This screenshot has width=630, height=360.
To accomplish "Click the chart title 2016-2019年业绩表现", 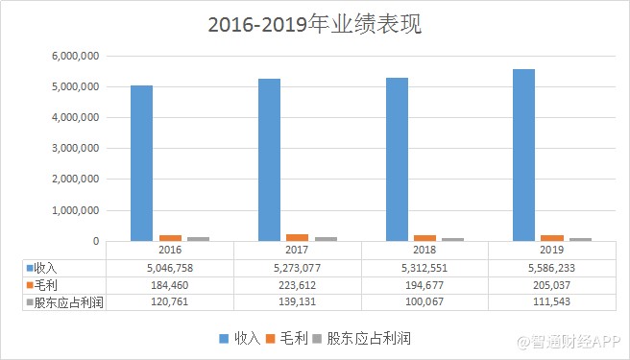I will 314,24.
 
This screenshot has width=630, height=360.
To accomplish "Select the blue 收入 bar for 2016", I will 142,163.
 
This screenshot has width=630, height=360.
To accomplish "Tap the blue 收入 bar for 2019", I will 523,155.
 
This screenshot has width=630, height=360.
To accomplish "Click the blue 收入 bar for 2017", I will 269,159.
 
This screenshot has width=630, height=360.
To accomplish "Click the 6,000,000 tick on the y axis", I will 75,56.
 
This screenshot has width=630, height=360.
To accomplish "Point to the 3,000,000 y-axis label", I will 75,149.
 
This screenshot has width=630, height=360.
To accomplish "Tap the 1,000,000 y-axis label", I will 75,210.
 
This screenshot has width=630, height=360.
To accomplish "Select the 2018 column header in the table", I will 424,250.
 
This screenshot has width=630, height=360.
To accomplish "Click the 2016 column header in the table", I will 170,250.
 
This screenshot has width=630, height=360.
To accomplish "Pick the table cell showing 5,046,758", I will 170,267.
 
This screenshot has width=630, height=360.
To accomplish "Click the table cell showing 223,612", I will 297,285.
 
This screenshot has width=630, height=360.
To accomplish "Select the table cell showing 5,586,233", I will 551,267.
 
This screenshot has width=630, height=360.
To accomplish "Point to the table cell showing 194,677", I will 424,285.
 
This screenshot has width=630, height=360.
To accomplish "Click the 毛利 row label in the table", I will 49,285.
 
